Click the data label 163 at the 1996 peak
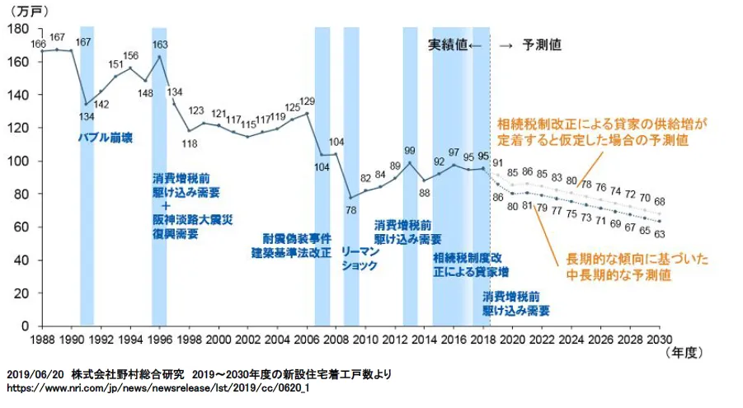(x=162, y=45)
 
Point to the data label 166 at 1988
(x=38, y=43)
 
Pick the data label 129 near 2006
(x=307, y=101)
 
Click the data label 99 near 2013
(x=410, y=151)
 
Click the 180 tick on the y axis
(x=17, y=29)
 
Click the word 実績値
(x=447, y=45)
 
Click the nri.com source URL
(x=158, y=387)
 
